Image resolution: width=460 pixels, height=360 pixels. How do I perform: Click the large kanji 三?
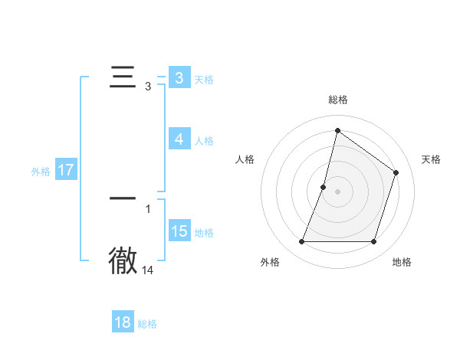tap(123, 79)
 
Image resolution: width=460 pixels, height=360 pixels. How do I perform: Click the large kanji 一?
tap(123, 198)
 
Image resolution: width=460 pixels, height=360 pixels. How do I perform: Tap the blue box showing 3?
tap(179, 78)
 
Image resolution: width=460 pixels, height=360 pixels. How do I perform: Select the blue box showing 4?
tap(179, 139)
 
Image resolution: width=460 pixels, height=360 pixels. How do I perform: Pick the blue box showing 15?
tap(179, 231)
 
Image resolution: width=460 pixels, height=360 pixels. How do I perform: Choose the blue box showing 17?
tap(65, 170)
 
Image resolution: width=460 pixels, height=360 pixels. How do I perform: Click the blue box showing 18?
tap(122, 322)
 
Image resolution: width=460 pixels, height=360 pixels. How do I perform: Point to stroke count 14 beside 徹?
tap(148, 270)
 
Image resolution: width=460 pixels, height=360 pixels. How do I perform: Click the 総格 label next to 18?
tap(147, 324)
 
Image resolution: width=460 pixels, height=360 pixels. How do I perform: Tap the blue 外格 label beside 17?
tap(41, 172)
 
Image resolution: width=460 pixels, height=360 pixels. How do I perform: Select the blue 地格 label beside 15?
tap(204, 233)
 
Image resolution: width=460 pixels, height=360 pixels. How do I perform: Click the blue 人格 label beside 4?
tap(204, 141)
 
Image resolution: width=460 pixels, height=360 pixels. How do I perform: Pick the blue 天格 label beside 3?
tap(204, 80)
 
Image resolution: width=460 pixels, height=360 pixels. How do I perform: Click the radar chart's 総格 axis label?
tap(338, 100)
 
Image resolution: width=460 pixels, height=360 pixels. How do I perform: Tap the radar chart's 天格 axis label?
tap(431, 159)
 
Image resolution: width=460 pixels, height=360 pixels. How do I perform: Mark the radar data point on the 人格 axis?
tap(324, 187)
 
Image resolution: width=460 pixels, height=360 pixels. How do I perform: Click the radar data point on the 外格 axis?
tap(301, 242)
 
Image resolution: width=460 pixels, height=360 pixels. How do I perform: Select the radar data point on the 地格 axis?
tap(374, 242)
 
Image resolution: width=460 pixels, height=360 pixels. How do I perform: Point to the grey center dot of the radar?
tap(338, 191)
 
